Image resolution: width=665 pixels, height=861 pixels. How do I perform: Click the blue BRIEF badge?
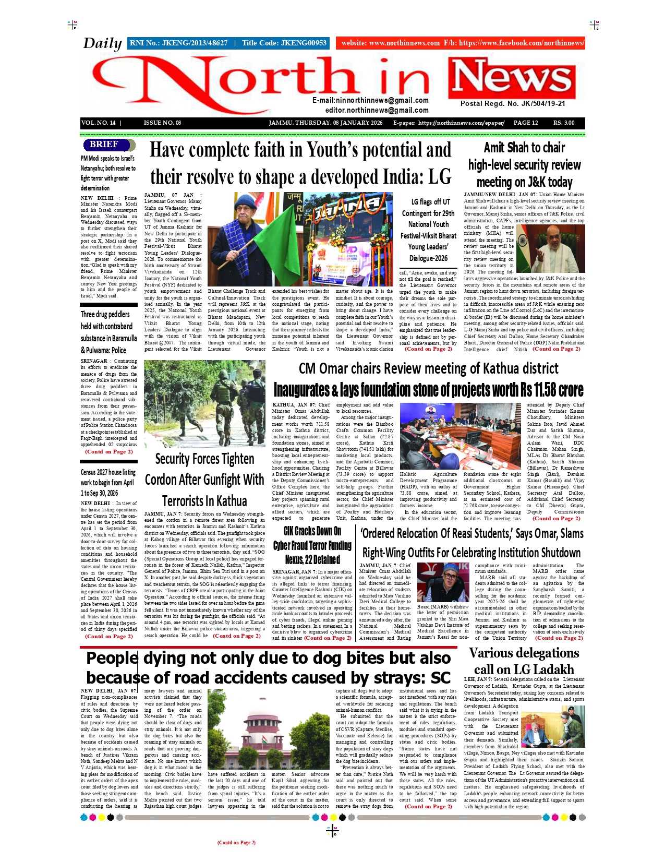pyautogui.click(x=104, y=145)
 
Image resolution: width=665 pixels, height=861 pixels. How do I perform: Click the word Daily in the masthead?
pyautogui.click(x=102, y=43)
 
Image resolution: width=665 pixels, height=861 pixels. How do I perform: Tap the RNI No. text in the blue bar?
pyautogui.click(x=178, y=43)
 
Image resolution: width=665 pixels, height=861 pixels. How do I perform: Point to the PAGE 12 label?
pyautogui.click(x=525, y=123)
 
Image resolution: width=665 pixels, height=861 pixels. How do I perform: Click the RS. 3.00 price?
pyautogui.click(x=564, y=123)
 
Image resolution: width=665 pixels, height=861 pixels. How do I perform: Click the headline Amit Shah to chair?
pyautogui.click(x=524, y=148)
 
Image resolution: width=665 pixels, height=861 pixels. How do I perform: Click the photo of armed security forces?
pyautogui.click(x=204, y=403)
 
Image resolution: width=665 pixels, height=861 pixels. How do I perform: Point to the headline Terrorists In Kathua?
pyautogui.click(x=204, y=501)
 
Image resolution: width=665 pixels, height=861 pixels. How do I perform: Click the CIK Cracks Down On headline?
pyautogui.click(x=312, y=532)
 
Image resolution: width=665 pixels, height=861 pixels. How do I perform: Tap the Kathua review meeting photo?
pyautogui.click(x=461, y=436)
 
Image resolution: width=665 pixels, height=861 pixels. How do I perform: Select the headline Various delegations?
pyautogui.click(x=524, y=653)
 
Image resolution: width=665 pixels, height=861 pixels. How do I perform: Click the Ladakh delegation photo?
pyautogui.click(x=553, y=726)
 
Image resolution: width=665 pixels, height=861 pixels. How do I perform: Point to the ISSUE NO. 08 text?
pyautogui.click(x=162, y=123)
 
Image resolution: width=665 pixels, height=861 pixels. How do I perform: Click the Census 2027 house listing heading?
pyautogui.click(x=108, y=473)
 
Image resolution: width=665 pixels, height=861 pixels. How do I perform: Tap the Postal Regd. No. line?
pyautogui.click(x=512, y=104)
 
